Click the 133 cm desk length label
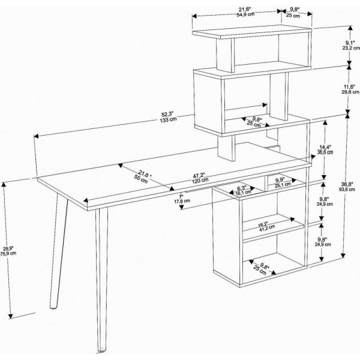(x=168, y=120)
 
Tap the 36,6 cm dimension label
(x=326, y=153)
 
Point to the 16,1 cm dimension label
(x=242, y=193)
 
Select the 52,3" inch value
(x=168, y=114)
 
